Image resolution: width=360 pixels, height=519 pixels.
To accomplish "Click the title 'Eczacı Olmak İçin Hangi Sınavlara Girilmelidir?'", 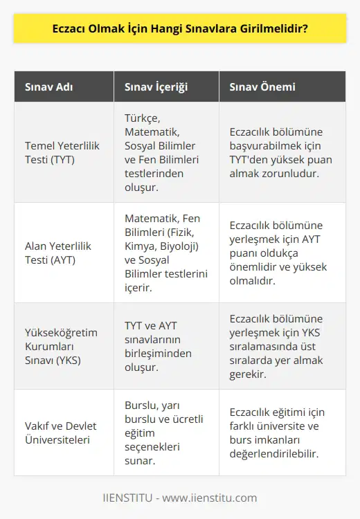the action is [x=180, y=32].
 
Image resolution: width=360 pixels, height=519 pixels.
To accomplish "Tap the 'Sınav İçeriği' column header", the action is [x=155, y=88].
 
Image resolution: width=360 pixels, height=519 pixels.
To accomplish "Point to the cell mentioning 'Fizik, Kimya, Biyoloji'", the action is [x=165, y=252].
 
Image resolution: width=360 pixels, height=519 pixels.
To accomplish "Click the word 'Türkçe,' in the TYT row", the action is [x=144, y=120].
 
